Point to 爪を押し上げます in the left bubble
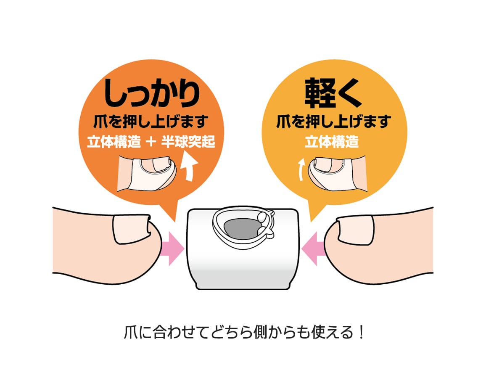pyautogui.click(x=151, y=122)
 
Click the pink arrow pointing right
pyautogui.click(x=173, y=249)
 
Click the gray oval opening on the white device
pyautogui.click(x=240, y=229)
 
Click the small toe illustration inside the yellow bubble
pyautogui.click(x=336, y=172)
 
